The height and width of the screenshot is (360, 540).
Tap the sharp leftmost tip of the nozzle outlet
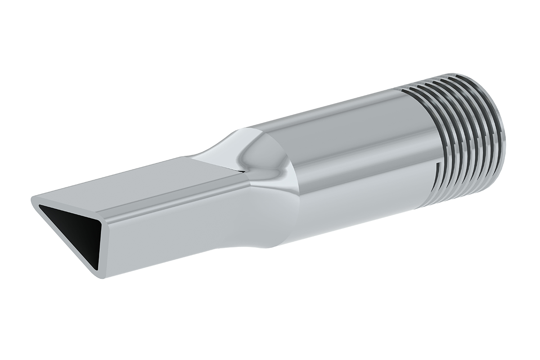[32, 199]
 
